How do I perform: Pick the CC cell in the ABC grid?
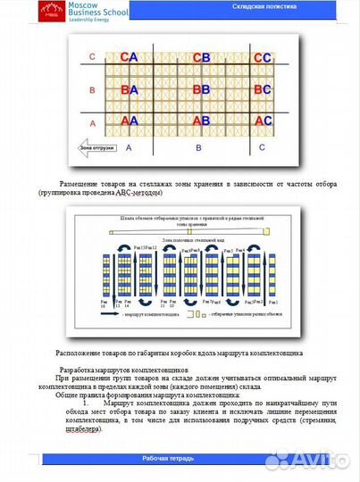(x=262, y=57)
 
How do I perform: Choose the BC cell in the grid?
(x=262, y=89)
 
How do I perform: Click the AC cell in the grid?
(x=262, y=120)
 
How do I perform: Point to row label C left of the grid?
(x=91, y=57)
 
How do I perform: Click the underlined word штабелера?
(x=82, y=429)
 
